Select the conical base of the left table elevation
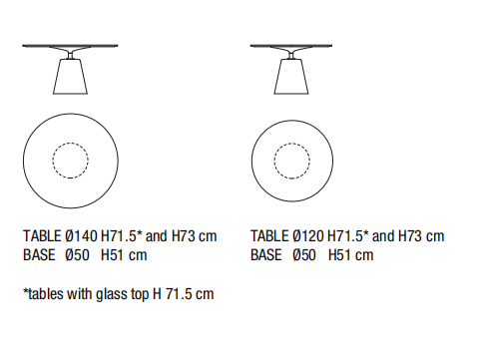coord(70,77)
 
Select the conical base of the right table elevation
coord(291,77)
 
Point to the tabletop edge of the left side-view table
coord(70,46)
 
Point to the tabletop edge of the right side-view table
coord(291,46)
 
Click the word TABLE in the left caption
coord(42,236)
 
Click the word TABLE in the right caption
coord(269,236)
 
